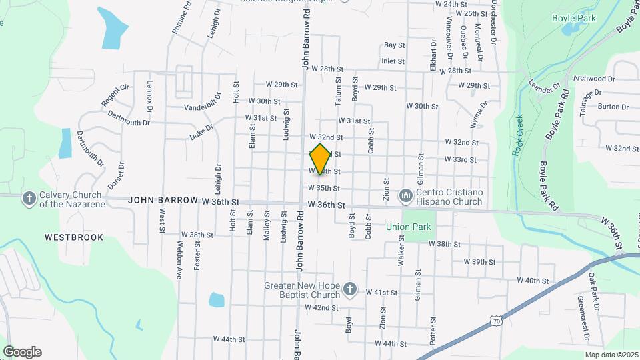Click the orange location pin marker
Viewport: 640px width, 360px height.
pyautogui.click(x=321, y=159)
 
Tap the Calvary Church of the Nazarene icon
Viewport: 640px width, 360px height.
pyautogui.click(x=29, y=199)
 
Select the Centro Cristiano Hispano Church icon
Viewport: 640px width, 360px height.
pyautogui.click(x=405, y=196)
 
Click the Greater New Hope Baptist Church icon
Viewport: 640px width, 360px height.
pyautogui.click(x=351, y=289)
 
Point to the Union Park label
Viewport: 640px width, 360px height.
pyautogui.click(x=409, y=227)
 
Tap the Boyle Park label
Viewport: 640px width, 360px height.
pyautogui.click(x=573, y=19)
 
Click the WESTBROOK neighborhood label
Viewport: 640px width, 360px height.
pyautogui.click(x=74, y=237)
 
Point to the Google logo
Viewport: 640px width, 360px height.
pyautogui.click(x=22, y=352)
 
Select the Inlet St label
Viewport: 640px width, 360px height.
pyautogui.click(x=393, y=61)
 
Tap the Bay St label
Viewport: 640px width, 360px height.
pyautogui.click(x=394, y=45)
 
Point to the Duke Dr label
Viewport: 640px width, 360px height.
pyautogui.click(x=201, y=131)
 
